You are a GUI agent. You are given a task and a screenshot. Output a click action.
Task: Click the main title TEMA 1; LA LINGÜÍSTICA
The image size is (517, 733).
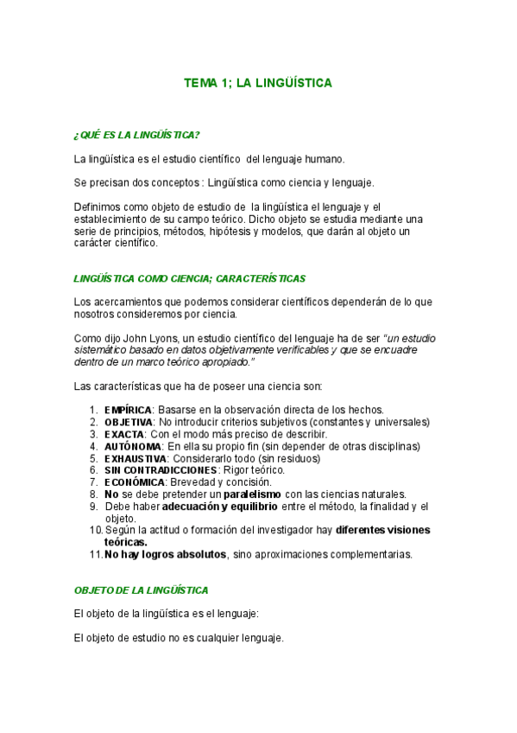[x=258, y=83]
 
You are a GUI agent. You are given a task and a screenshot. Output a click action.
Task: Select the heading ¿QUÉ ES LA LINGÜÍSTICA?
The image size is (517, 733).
[x=137, y=135]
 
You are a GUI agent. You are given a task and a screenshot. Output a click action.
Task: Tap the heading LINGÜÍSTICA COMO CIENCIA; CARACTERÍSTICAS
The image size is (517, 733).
[x=190, y=278]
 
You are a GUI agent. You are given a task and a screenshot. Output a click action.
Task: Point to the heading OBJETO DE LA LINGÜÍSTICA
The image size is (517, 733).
[x=142, y=590]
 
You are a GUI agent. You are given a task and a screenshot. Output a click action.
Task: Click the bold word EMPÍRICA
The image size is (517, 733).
[x=129, y=409]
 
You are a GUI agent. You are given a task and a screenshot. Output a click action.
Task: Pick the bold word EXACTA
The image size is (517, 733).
[x=123, y=433]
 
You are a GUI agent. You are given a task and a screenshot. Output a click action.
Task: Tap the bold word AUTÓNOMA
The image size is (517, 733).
[x=129, y=446]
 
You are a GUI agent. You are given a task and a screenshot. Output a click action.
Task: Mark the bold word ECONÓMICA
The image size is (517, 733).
[x=132, y=482]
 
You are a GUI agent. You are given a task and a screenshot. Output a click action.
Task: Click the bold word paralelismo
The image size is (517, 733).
[x=246, y=494]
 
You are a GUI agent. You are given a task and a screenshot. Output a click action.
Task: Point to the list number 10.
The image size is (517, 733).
[x=95, y=529]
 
